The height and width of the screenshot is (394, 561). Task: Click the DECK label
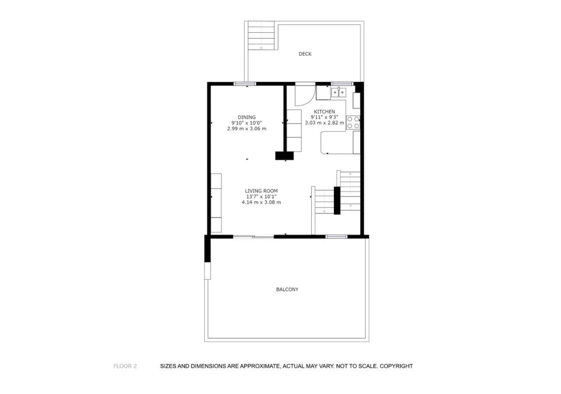pyautogui.click(x=305, y=54)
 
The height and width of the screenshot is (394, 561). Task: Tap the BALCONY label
pyautogui.click(x=287, y=289)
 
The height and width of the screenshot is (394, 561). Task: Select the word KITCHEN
pyautogui.click(x=324, y=112)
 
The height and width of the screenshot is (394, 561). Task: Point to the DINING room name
pyautogui.click(x=247, y=117)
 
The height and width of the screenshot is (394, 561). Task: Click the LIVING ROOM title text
pyautogui.click(x=261, y=191)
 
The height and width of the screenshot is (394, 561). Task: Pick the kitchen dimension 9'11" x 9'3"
pyautogui.click(x=324, y=117)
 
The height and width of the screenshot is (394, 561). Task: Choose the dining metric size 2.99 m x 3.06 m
pyautogui.click(x=247, y=129)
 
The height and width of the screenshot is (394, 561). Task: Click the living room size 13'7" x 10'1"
pyautogui.click(x=261, y=197)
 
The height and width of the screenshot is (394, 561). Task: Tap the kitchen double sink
pyautogui.click(x=339, y=92)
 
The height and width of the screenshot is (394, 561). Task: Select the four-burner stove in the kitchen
pyautogui.click(x=353, y=123)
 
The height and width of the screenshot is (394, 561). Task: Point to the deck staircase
pyautogui.click(x=261, y=35)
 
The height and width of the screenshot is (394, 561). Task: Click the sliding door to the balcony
pyautogui.click(x=253, y=237)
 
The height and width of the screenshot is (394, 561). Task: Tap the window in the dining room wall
pyautogui.click(x=245, y=84)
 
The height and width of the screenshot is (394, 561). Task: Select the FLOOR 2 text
pyautogui.click(x=125, y=366)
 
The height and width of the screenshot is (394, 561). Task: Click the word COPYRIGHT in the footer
pyautogui.click(x=396, y=366)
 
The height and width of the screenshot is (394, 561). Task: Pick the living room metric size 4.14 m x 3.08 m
pyautogui.click(x=261, y=202)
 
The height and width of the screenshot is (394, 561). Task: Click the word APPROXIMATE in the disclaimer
pyautogui.click(x=259, y=366)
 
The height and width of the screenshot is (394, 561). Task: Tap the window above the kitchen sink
pyautogui.click(x=342, y=84)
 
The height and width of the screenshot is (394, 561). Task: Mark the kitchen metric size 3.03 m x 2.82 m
pyautogui.click(x=324, y=123)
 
